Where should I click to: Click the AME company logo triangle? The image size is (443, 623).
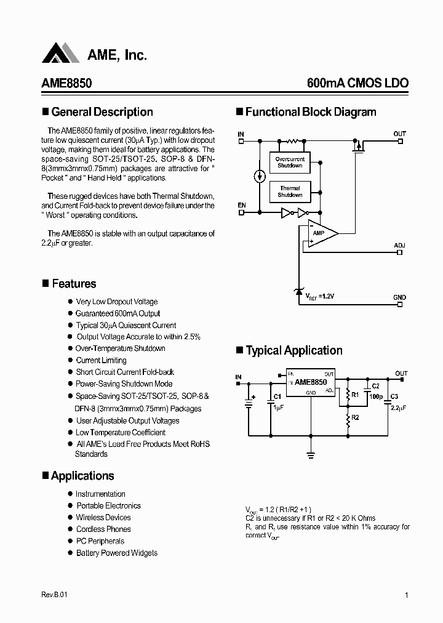click(x=60, y=54)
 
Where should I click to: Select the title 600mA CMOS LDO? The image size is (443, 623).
click(x=357, y=83)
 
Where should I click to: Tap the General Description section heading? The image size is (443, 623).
click(x=102, y=112)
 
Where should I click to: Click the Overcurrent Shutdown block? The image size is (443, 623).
click(x=289, y=163)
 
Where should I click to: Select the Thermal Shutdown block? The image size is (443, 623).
click(x=290, y=191)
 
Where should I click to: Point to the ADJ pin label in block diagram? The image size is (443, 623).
click(x=399, y=245)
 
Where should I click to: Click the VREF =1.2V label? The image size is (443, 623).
click(x=320, y=297)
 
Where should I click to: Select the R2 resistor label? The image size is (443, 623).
click(x=355, y=417)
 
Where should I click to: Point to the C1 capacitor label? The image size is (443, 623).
click(x=277, y=396)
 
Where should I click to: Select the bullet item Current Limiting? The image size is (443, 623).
click(x=101, y=360)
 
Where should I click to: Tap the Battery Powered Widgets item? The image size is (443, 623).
click(x=116, y=553)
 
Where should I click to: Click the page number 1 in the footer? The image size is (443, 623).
click(x=407, y=595)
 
